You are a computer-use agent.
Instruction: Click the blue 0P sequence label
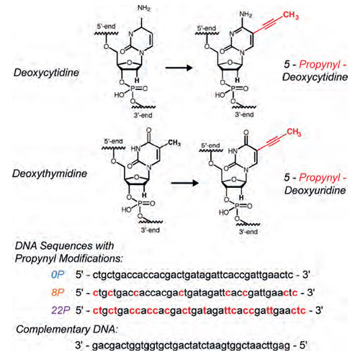58,275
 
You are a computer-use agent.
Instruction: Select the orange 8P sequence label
58,292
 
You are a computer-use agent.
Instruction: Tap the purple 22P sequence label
60,310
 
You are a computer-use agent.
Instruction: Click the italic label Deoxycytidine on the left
46,73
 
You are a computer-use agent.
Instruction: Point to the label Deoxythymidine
50,174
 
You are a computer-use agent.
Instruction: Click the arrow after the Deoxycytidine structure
179,68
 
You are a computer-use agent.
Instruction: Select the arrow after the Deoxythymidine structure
185,183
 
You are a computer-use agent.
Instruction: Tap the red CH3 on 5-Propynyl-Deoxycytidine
291,15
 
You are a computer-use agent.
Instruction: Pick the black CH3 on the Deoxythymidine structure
174,143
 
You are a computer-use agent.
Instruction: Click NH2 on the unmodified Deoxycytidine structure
144,9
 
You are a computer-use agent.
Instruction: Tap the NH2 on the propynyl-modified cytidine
246,14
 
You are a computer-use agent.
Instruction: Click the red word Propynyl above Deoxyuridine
320,178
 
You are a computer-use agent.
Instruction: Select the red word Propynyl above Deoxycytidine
320,64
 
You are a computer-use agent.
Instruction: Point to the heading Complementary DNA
67,329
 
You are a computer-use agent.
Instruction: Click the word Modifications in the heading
91,258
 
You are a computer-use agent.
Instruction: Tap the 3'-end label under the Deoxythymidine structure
150,230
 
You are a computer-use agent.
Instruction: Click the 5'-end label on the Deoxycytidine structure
106,26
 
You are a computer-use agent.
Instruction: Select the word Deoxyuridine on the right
315,191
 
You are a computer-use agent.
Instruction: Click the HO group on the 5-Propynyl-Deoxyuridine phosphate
224,212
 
